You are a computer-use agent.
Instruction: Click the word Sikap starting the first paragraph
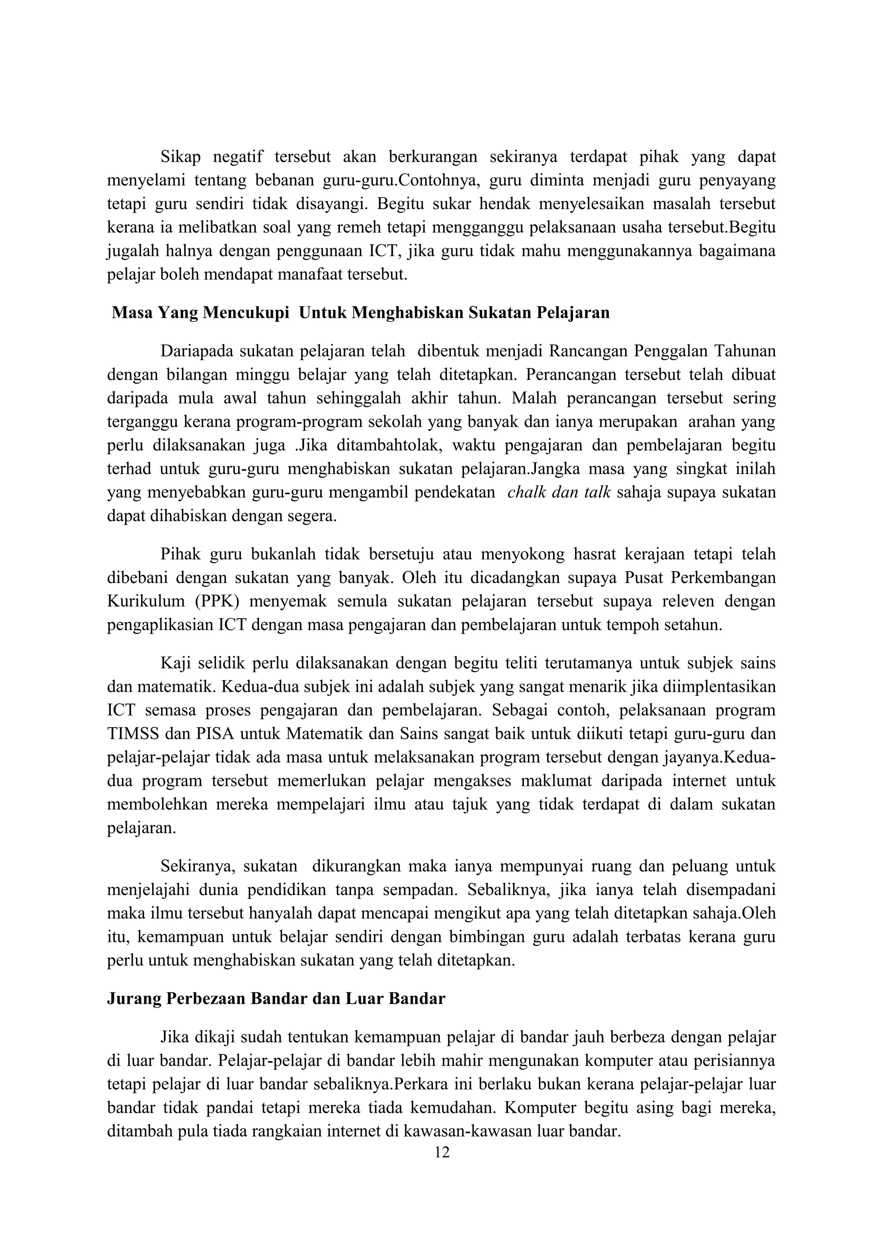click(x=181, y=157)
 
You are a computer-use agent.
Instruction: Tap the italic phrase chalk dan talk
click(x=558, y=492)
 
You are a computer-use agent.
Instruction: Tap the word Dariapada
click(x=197, y=351)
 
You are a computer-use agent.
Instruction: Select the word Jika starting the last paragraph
click(x=174, y=1037)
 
